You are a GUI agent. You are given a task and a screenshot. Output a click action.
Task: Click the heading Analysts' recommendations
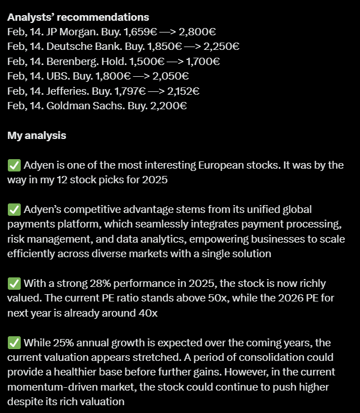[78, 18]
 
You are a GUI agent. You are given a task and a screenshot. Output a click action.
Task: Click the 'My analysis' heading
[37, 136]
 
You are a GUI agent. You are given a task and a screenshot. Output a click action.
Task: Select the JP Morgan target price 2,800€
[198, 33]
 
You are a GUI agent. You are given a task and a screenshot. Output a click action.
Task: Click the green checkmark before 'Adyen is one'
[14, 165]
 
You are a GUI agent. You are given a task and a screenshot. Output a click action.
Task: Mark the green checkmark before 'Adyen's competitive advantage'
[14, 210]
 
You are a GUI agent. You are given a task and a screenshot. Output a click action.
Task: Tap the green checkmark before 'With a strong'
[14, 284]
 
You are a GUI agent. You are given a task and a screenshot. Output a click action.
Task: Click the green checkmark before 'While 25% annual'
[14, 342]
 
